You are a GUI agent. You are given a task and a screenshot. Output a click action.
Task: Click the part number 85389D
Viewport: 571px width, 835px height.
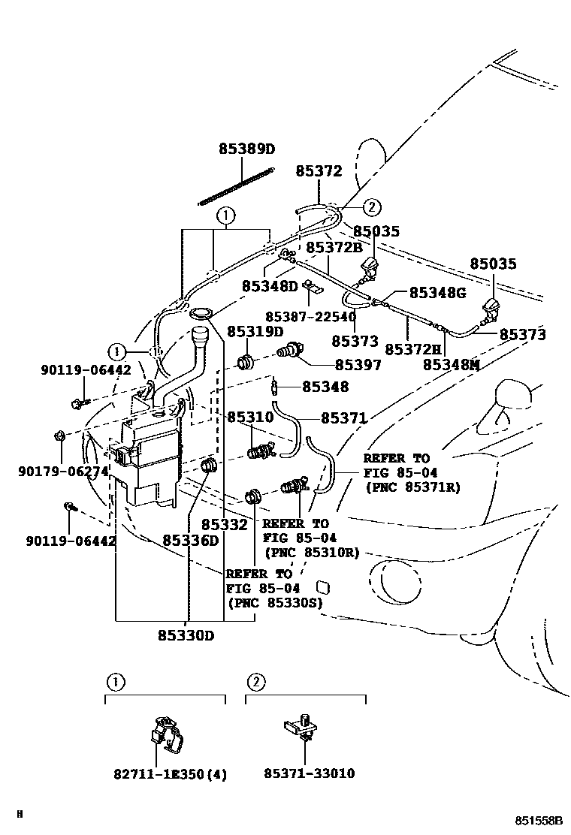click(x=247, y=149)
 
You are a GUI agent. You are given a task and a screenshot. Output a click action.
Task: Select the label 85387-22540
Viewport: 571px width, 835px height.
click(x=310, y=317)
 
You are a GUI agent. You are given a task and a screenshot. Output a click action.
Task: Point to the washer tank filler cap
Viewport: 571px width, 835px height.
click(x=201, y=313)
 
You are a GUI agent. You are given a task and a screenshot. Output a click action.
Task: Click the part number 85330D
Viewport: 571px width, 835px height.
click(x=186, y=636)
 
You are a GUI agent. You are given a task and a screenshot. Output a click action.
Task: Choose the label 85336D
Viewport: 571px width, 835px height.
click(x=190, y=541)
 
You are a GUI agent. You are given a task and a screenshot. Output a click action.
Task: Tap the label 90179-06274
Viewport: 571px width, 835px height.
click(x=63, y=472)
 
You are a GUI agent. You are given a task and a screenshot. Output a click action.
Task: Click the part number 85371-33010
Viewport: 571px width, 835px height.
click(x=309, y=773)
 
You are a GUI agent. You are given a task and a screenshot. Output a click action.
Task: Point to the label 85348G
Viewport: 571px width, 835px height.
click(x=437, y=293)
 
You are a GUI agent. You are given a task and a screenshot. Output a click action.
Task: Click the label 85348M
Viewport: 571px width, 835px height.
click(x=452, y=364)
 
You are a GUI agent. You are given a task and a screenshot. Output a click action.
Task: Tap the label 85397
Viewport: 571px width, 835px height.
click(x=358, y=365)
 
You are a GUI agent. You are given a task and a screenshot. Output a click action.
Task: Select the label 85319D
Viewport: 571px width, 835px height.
click(x=255, y=331)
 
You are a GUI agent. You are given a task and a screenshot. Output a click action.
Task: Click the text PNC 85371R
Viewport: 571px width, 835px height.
click(x=412, y=487)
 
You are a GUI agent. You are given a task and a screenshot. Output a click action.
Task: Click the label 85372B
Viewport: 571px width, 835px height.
click(x=334, y=247)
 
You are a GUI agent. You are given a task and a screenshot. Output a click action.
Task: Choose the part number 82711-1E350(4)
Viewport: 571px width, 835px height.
click(x=171, y=773)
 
